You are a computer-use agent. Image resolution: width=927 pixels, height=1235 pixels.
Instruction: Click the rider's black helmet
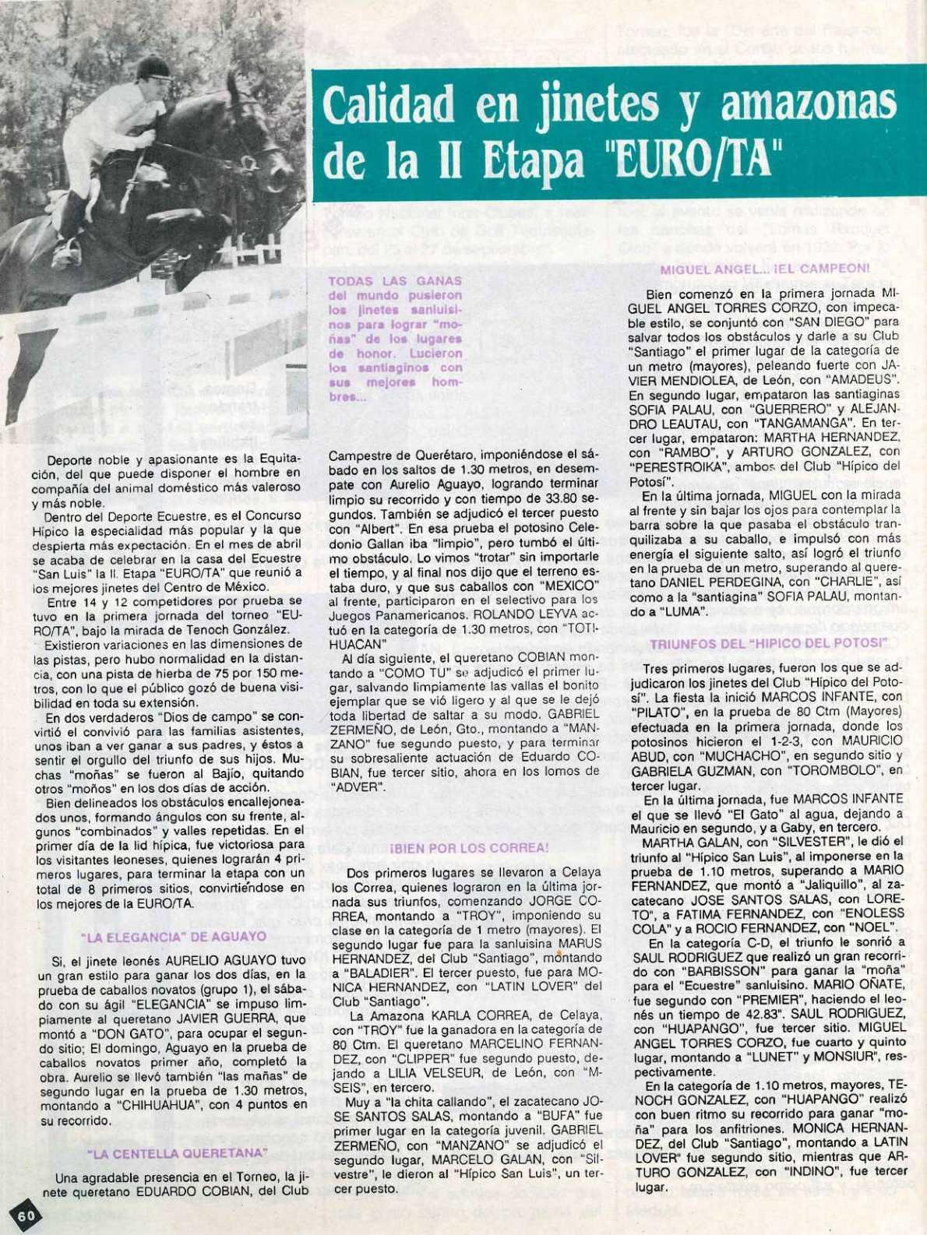coord(153,69)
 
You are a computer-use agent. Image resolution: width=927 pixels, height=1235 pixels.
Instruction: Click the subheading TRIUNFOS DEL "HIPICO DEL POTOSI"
coord(768,644)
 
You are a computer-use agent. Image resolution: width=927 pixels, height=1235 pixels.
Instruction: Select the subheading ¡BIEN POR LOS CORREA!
coord(469,847)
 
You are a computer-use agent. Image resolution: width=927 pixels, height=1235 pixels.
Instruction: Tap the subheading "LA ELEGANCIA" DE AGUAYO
coord(173,936)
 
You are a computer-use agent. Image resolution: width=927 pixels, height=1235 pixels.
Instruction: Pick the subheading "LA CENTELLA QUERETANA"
coord(178,1152)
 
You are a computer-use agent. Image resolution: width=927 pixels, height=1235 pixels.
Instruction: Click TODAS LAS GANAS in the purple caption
coord(395,280)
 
